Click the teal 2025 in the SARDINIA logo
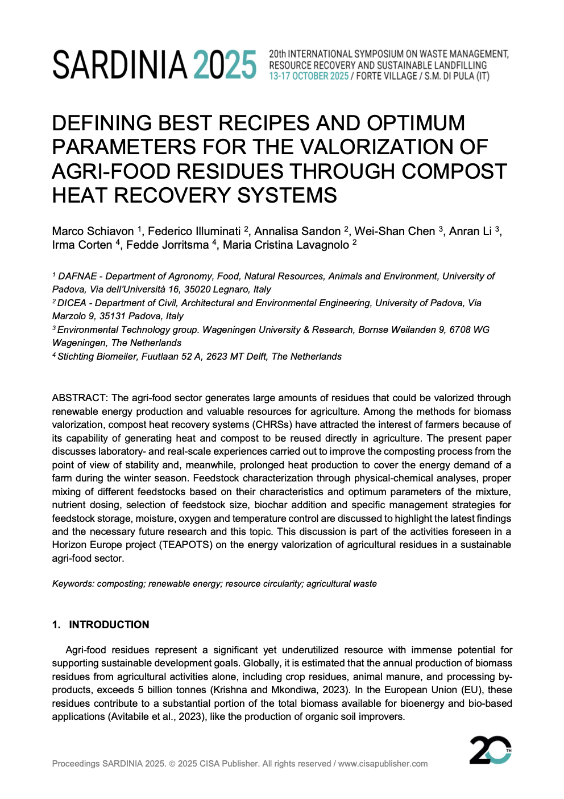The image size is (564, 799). [225, 65]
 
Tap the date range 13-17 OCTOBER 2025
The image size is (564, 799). [309, 76]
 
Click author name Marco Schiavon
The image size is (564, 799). [93, 231]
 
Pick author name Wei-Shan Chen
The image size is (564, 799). [395, 231]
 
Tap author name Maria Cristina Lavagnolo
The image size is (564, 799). [285, 245]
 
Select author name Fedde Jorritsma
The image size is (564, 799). [167, 245]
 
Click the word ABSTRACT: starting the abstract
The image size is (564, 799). [80, 398]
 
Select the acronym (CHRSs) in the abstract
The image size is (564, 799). [272, 425]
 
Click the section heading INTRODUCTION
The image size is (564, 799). [109, 624]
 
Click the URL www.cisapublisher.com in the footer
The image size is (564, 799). [383, 764]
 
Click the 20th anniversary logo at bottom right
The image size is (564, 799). [490, 749]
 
